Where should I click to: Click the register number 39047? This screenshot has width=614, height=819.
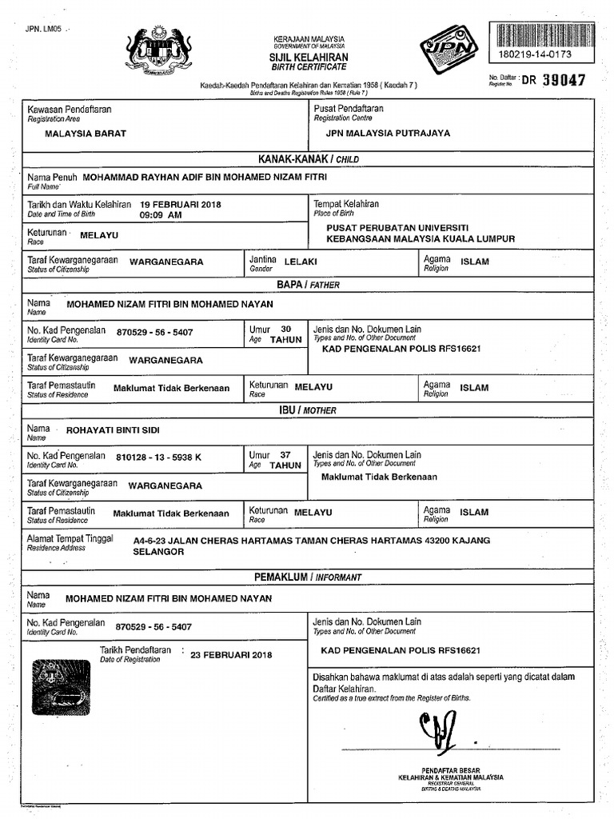564,80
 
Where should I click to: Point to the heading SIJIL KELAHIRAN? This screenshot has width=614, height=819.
308,58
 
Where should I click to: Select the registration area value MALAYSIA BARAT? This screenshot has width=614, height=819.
85,134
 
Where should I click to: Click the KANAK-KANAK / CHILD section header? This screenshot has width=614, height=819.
308,159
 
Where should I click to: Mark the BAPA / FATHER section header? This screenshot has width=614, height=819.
308,284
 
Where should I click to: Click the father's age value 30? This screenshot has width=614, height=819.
286,329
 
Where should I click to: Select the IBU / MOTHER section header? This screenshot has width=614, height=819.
308,410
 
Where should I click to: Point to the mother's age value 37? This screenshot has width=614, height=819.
286,454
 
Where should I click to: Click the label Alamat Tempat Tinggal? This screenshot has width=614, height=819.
70,539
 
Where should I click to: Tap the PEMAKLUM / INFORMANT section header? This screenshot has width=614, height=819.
308,577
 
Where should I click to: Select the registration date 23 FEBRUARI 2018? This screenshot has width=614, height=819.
231,655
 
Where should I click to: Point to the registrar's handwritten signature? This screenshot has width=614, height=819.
437,729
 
